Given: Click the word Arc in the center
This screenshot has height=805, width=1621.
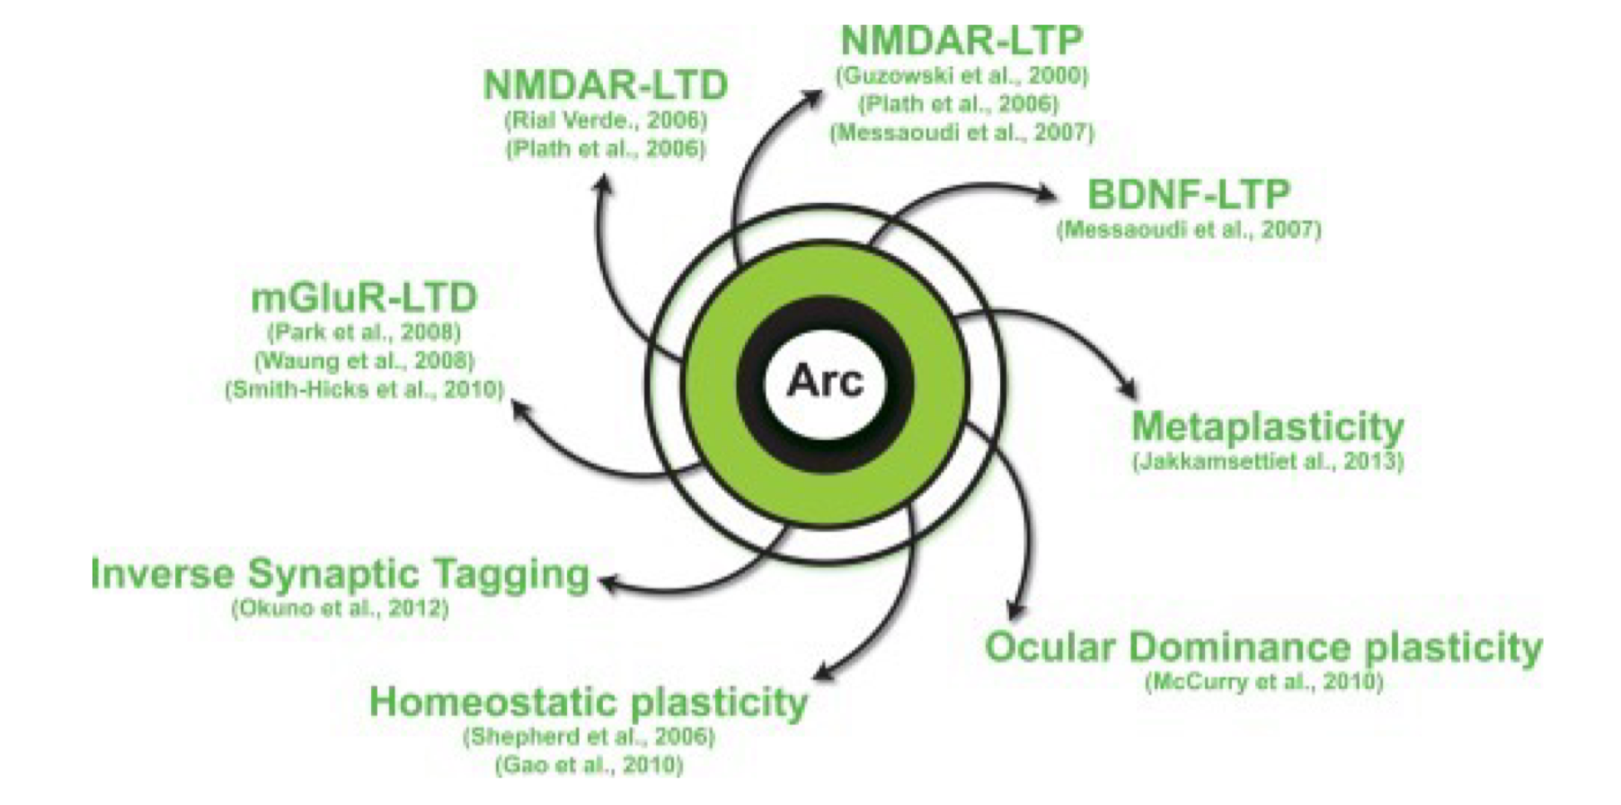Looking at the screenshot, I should pyautogui.click(x=824, y=381).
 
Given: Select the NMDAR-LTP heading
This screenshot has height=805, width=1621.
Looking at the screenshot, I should pyautogui.click(x=961, y=40).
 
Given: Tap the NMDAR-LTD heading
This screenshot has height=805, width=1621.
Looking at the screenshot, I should pyautogui.click(x=606, y=86).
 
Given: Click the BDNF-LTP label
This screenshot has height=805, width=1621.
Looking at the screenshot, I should pyautogui.click(x=1188, y=195).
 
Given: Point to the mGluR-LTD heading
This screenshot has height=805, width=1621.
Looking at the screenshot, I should pyautogui.click(x=364, y=298).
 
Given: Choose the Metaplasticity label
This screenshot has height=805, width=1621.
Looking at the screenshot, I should pyautogui.click(x=1267, y=427).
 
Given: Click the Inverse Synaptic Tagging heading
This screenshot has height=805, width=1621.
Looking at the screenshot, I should pyautogui.click(x=340, y=574).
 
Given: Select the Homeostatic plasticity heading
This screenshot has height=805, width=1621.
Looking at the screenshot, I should pyautogui.click(x=589, y=703).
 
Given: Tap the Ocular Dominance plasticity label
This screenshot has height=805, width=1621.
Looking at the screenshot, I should pyautogui.click(x=1262, y=647).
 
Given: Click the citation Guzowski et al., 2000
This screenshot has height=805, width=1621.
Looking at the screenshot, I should pyautogui.click(x=961, y=76).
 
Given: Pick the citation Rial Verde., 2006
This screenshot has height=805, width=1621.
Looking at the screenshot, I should pyautogui.click(x=606, y=120).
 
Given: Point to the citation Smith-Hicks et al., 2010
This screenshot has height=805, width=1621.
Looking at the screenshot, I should pyautogui.click(x=364, y=390).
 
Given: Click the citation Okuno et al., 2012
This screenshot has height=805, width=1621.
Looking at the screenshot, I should pyautogui.click(x=340, y=608).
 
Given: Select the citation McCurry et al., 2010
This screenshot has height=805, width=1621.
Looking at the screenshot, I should pyautogui.click(x=1262, y=682).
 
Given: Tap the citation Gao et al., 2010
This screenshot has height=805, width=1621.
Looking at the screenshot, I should pyautogui.click(x=589, y=766).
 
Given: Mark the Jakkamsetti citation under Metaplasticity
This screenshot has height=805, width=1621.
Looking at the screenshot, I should pyautogui.click(x=1267, y=463).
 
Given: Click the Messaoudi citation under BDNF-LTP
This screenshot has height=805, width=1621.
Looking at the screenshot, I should pyautogui.click(x=1188, y=230).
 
